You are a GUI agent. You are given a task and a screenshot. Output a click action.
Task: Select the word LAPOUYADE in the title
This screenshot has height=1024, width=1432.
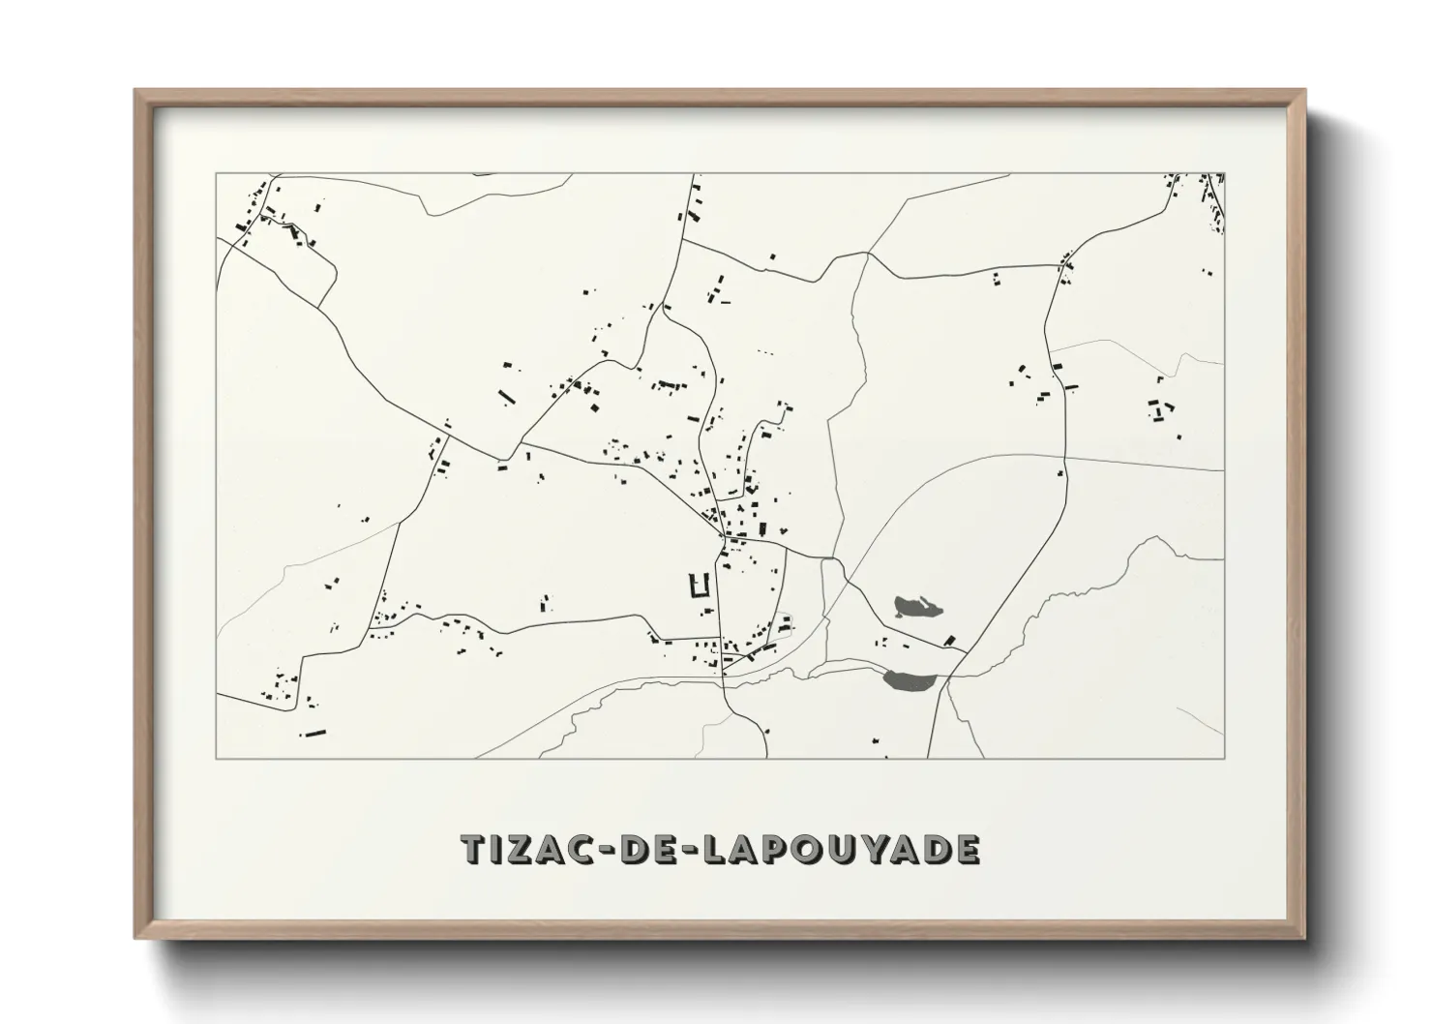pos(839,849)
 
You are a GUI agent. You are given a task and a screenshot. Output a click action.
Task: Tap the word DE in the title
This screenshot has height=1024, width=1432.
pos(652,849)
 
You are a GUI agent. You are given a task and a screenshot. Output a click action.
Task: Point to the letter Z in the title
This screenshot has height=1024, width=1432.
pos(524,849)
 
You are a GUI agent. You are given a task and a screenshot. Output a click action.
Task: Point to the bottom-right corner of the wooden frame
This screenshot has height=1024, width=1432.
pos(1303,937)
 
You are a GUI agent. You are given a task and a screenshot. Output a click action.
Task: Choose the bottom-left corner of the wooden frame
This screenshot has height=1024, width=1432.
pos(136,937)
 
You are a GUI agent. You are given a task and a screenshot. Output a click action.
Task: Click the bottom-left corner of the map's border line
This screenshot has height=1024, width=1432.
pos(217,758)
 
